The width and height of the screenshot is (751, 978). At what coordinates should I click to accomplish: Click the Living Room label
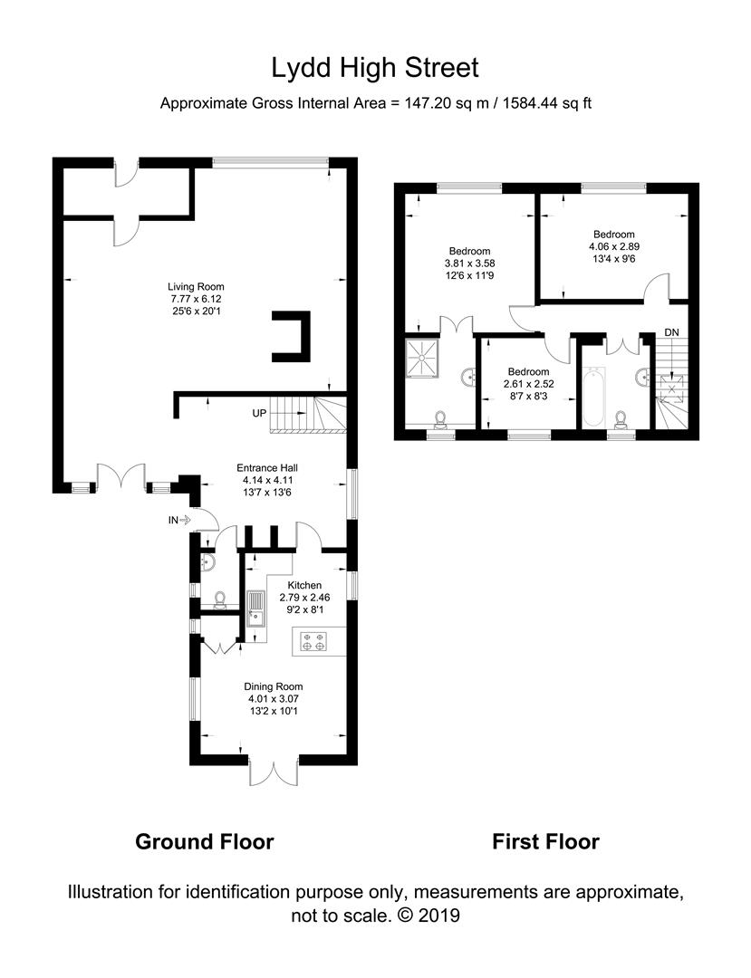tap(202, 299)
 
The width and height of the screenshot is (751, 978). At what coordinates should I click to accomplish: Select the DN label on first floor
tap(671, 332)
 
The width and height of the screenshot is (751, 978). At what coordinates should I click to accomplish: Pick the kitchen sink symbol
tap(255, 609)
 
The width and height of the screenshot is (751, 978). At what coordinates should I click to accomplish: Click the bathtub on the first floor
tap(592, 397)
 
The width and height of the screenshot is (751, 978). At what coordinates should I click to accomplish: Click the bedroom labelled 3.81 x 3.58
tap(469, 264)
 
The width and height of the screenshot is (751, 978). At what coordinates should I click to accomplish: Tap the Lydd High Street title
tap(375, 68)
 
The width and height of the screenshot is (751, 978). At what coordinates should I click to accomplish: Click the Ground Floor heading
tap(204, 841)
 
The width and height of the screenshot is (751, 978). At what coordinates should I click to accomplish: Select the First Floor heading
tap(545, 841)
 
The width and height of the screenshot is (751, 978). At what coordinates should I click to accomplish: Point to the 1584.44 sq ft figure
tap(542, 103)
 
